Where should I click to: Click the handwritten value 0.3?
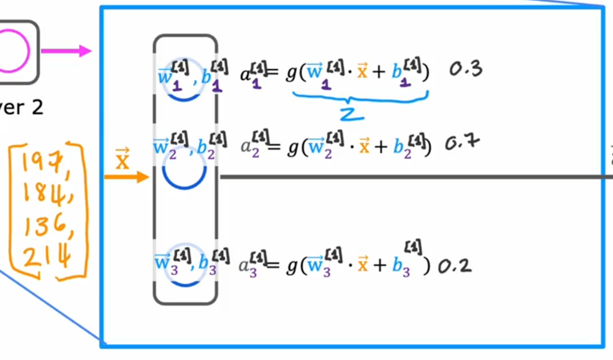pyautogui.click(x=465, y=70)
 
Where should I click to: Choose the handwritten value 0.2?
pyautogui.click(x=454, y=264)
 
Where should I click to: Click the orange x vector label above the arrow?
pyautogui.click(x=123, y=157)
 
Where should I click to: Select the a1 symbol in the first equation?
pyautogui.click(x=250, y=74)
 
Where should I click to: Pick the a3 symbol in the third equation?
pyautogui.click(x=250, y=265)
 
